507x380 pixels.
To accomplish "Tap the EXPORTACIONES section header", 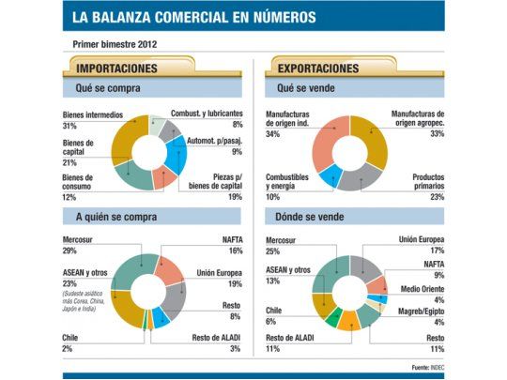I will [318, 69].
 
